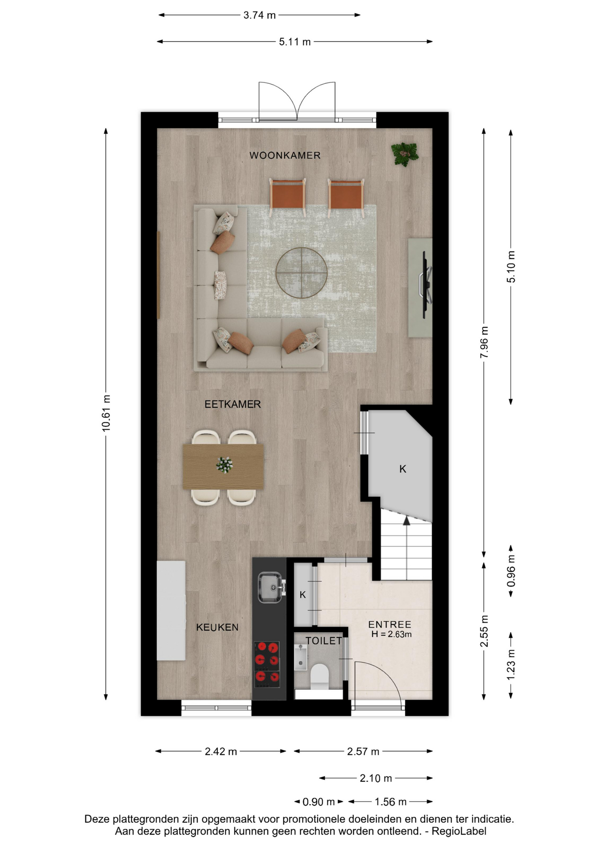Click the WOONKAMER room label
coord(285,155)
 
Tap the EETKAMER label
coord(232,404)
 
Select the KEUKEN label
coord(217,627)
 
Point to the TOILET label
coord(323,641)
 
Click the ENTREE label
coord(389,625)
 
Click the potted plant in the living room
coord(404,154)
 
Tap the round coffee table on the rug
coord(301,273)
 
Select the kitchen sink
coord(270,587)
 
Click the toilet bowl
coord(319,676)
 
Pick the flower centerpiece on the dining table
coord(224,465)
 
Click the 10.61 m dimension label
coord(106,413)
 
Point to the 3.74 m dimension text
coord(259,15)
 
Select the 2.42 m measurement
coord(220,752)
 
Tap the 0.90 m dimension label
coord(319,802)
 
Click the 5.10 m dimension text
coord(511,267)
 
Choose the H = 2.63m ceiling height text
coord(391,635)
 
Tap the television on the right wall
coord(426,284)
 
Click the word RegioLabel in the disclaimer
coord(459,831)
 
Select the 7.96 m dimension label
coord(484,342)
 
